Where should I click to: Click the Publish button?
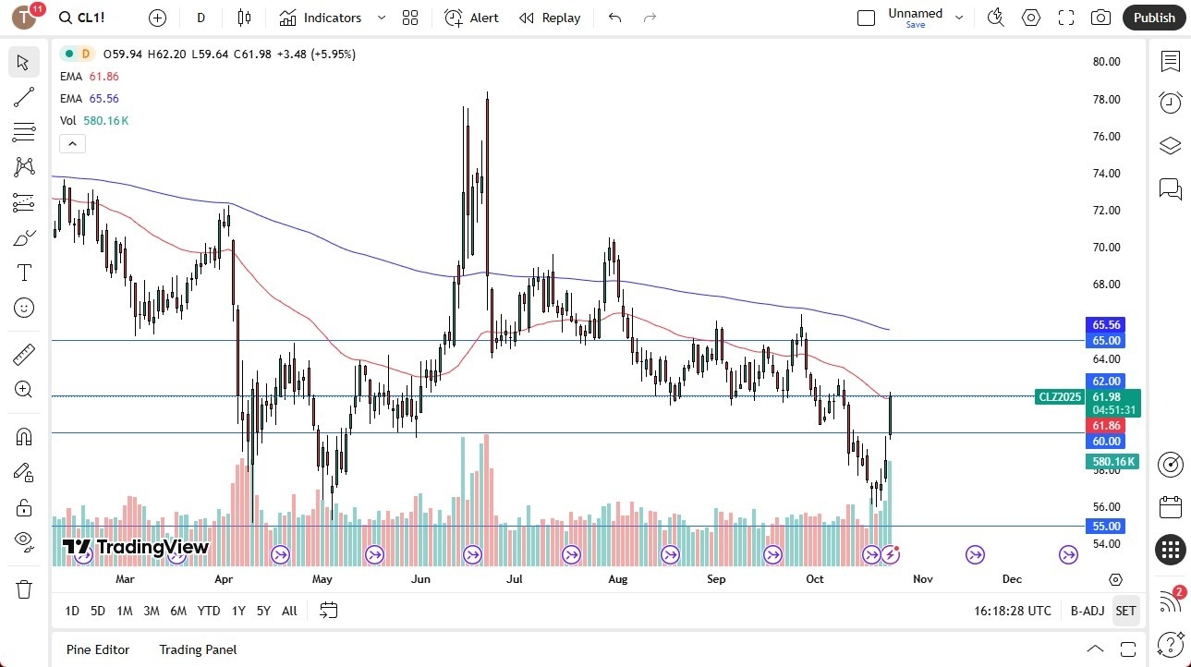point(1154,18)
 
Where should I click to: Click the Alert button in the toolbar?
point(471,18)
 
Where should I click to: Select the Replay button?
point(550,18)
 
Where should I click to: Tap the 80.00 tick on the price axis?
point(1106,62)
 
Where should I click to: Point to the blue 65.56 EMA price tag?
point(1106,325)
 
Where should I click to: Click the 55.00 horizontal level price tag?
point(1106,526)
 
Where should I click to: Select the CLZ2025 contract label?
point(1060,397)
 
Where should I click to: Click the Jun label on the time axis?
point(420,579)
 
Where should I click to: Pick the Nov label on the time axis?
point(922,579)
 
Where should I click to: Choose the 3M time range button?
point(152,611)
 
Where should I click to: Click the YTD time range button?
point(209,611)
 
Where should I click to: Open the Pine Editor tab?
point(98,649)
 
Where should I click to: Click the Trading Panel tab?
point(198,649)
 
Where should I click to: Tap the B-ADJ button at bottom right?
point(1088,611)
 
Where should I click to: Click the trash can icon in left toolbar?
point(24,589)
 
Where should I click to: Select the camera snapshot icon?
point(1100,18)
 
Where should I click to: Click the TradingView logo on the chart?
point(136,547)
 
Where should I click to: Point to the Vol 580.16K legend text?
point(94,120)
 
